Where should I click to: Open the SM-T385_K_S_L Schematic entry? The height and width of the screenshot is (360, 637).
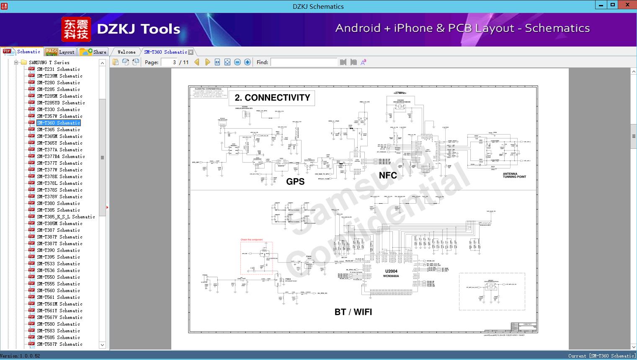66,217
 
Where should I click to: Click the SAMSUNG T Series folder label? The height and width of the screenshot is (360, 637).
49,62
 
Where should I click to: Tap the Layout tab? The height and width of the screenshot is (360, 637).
66,52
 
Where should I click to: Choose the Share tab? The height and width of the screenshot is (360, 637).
99,52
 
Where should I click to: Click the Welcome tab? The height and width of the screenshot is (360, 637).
126,52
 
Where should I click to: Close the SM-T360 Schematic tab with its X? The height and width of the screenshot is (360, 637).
191,52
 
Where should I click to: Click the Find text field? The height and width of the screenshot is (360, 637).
304,62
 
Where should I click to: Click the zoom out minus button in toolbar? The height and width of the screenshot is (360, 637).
237,62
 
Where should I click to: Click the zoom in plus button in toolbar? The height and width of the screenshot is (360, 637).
248,62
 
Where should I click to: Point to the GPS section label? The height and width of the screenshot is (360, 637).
295,181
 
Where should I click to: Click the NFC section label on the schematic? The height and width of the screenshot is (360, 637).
388,175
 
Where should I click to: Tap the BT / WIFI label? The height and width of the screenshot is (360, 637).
353,312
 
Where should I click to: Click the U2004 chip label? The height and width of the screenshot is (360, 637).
391,271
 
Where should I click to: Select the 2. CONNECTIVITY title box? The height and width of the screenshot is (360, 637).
272,98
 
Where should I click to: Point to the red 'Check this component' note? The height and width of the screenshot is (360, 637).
252,240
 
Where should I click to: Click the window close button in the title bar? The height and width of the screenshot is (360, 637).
627,5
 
